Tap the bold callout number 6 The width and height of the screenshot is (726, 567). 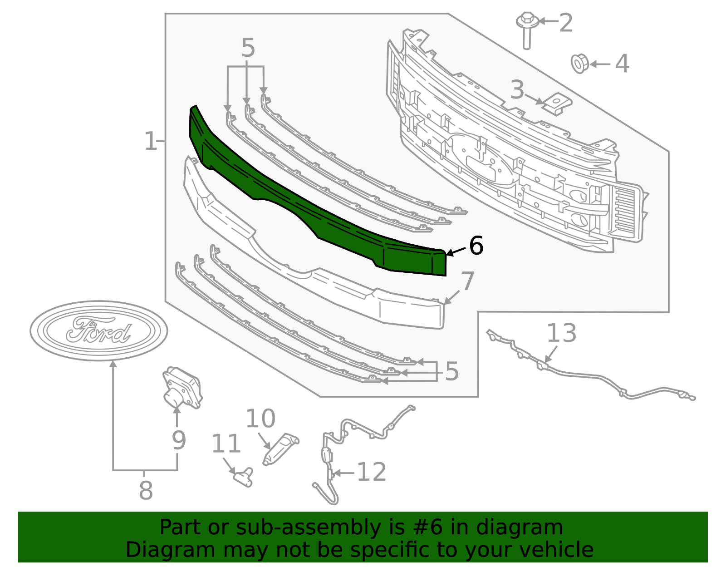click(x=476, y=246)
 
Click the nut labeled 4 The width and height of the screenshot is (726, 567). click(x=579, y=64)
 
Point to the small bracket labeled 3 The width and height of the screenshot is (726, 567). click(x=556, y=104)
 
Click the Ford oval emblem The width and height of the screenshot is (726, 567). click(x=99, y=330)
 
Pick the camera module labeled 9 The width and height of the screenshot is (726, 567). click(x=182, y=388)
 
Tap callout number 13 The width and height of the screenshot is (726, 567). click(x=561, y=333)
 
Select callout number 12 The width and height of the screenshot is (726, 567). click(x=372, y=472)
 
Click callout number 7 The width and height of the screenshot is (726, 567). click(x=467, y=281)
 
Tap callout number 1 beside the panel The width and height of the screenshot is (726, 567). click(x=150, y=142)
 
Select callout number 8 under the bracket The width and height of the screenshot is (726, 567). click(x=146, y=491)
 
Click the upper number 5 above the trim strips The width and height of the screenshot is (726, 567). click(x=248, y=48)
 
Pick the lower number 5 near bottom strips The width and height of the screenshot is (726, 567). click(x=452, y=371)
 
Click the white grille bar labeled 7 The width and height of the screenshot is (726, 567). click(x=318, y=281)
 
